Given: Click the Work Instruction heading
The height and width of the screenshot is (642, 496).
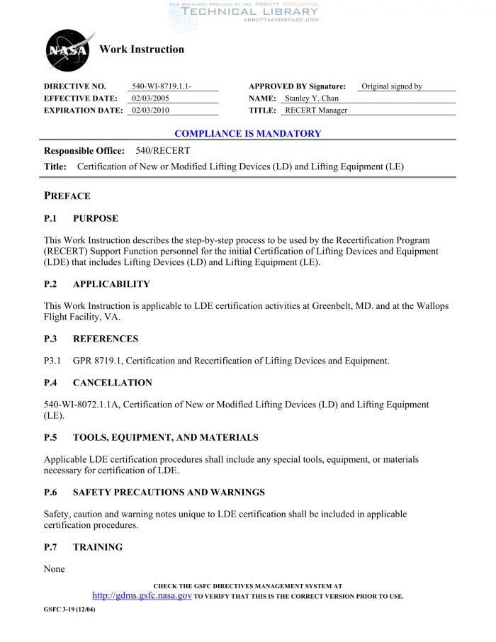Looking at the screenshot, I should (142, 50).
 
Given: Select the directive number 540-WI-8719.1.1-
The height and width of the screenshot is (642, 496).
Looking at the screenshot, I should (162, 86).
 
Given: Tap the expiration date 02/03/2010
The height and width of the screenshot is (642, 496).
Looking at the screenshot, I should (151, 111).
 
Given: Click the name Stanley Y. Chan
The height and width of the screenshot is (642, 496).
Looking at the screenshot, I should (312, 98).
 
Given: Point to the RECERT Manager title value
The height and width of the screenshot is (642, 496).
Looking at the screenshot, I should (316, 111).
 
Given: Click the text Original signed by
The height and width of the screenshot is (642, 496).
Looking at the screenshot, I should (392, 86).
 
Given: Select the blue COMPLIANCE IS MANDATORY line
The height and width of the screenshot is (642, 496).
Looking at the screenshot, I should (247, 133).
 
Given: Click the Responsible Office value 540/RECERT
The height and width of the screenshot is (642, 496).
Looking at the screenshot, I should (162, 151).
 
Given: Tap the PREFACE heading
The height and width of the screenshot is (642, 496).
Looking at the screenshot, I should (67, 196).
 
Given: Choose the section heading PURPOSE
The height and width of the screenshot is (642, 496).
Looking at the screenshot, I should (96, 218).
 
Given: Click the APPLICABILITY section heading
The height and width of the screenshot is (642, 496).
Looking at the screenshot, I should (111, 284).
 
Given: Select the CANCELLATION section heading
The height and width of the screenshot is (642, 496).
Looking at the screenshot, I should (112, 383).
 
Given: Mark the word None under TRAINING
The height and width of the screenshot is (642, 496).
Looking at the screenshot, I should (54, 569).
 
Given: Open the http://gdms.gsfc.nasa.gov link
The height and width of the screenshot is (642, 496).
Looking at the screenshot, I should (142, 596).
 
